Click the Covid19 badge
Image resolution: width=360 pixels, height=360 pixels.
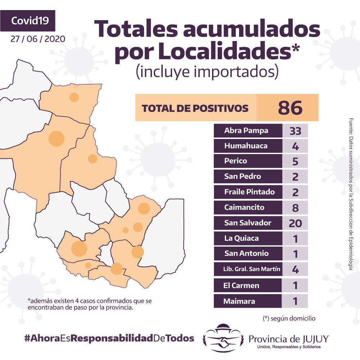[x=27, y=21]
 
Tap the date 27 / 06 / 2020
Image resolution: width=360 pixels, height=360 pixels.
[x=38, y=39]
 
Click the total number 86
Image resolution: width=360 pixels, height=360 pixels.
[x=290, y=108]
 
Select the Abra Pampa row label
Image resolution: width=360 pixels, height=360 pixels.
[x=246, y=131]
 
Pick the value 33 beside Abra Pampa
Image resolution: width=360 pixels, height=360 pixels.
[x=295, y=131]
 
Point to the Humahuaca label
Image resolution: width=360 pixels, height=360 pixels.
[x=246, y=146]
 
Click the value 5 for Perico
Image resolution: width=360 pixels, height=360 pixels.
[x=295, y=161]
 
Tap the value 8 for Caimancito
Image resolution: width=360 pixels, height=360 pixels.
[x=295, y=207]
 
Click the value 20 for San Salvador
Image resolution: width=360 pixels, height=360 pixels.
[x=295, y=223]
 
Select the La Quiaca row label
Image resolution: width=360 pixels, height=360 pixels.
[x=241, y=238]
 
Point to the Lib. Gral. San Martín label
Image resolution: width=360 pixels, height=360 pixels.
[x=252, y=269]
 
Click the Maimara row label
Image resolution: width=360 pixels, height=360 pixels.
[x=239, y=301]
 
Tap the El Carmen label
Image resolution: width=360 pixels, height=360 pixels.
[x=241, y=285]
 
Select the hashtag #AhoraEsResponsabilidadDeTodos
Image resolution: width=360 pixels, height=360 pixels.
[x=109, y=338]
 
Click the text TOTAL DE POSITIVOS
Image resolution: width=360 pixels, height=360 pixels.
[x=195, y=108]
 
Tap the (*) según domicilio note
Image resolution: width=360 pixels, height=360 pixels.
[x=289, y=319]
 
